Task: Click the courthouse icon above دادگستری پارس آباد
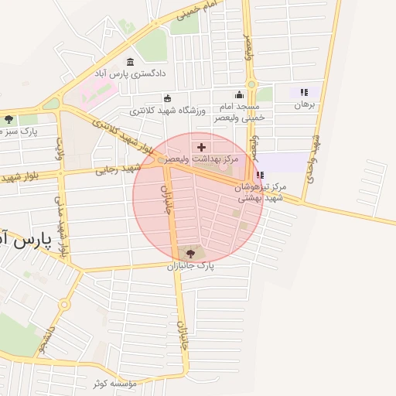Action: (x=130, y=62)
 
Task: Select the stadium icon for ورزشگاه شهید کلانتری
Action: (x=168, y=98)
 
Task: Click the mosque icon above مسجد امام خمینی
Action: (x=239, y=95)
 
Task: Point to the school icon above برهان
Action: (x=304, y=91)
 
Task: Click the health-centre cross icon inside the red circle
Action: (x=202, y=146)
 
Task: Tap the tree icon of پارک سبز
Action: (x=9, y=120)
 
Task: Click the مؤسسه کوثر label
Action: (x=115, y=383)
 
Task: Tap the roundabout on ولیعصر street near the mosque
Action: (x=251, y=85)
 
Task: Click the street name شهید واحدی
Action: (x=313, y=159)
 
